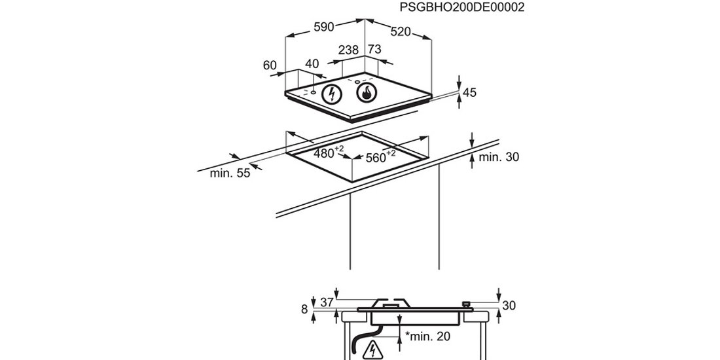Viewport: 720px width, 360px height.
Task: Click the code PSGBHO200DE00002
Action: (461, 8)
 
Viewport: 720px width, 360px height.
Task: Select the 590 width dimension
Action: (324, 27)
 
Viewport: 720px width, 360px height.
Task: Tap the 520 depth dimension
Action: (401, 31)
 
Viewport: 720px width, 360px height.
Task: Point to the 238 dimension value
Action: (348, 50)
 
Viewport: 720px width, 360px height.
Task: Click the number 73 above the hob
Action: (375, 49)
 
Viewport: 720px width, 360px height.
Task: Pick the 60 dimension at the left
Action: (270, 65)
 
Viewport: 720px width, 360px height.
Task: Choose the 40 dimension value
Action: (312, 64)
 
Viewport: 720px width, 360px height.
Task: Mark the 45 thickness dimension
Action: (469, 93)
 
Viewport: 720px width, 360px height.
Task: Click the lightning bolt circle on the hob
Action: (331, 94)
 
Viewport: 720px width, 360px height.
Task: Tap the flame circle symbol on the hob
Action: (367, 93)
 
